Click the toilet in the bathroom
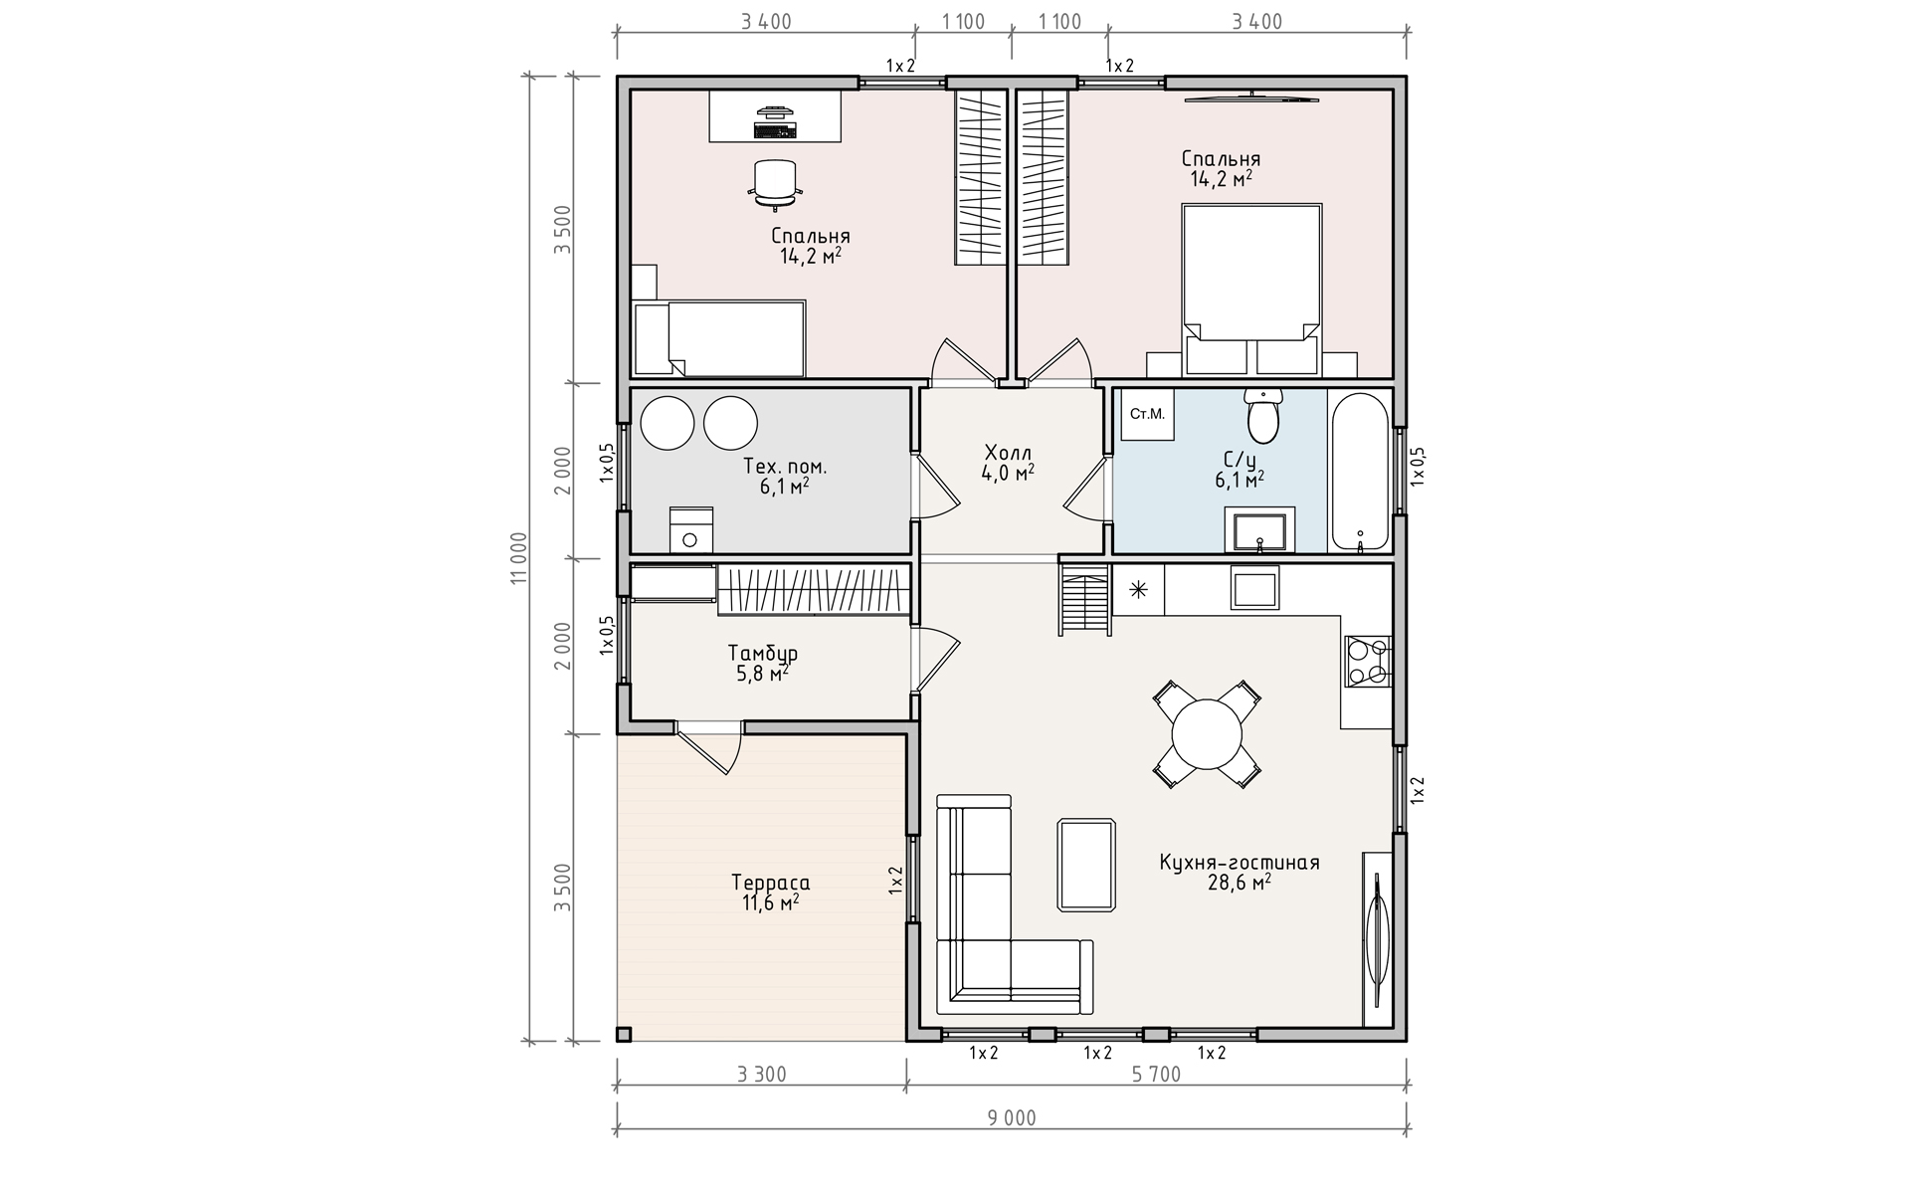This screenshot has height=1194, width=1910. [x=1263, y=416]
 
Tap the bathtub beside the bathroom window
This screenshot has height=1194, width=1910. [x=1360, y=473]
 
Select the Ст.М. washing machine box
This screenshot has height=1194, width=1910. [x=1148, y=414]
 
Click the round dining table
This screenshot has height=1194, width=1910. [x=1207, y=734]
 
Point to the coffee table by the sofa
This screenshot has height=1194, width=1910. [x=1086, y=865]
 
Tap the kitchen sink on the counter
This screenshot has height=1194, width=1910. [x=1255, y=587]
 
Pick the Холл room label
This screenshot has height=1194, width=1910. [x=1008, y=450]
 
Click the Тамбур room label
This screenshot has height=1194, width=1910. [x=762, y=653]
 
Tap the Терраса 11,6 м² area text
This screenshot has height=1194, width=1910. [x=770, y=893]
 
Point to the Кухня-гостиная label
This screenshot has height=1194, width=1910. [x=1239, y=862]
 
